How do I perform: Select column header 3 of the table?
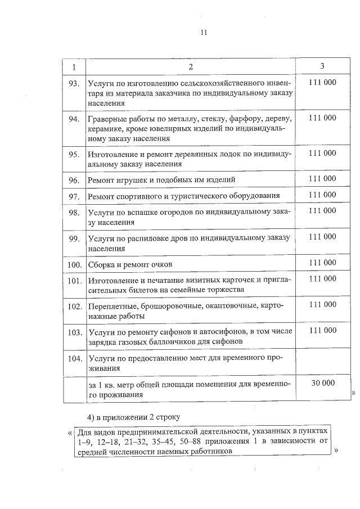(x=322, y=66)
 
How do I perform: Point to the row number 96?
(x=73, y=180)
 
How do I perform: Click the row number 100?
(x=74, y=264)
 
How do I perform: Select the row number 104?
(x=74, y=358)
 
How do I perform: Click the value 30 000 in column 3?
(x=322, y=382)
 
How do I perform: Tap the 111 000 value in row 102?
(x=322, y=304)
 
